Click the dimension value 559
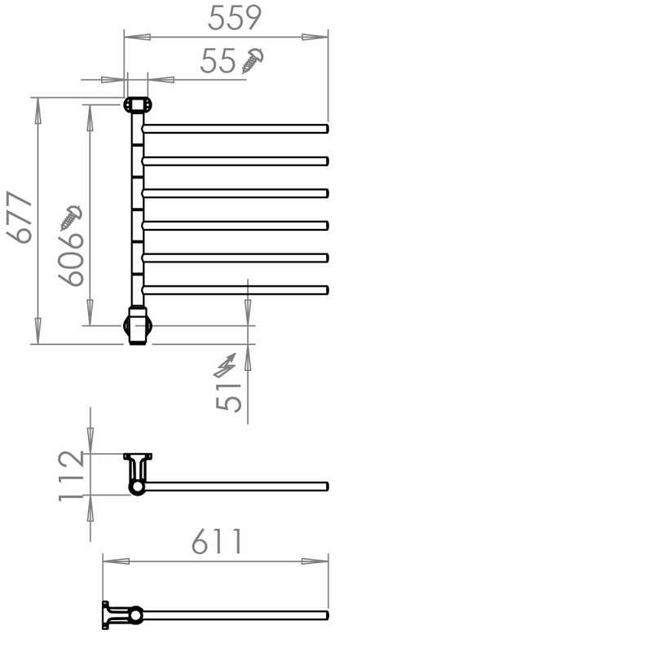click(x=235, y=18)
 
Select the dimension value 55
click(x=218, y=61)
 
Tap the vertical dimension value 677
click(x=19, y=217)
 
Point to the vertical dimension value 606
click(x=71, y=260)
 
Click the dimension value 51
click(x=229, y=397)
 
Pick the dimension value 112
click(x=72, y=476)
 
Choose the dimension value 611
click(x=217, y=541)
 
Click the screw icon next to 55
click(x=253, y=60)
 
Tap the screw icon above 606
click(x=71, y=218)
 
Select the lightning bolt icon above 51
click(x=225, y=365)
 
